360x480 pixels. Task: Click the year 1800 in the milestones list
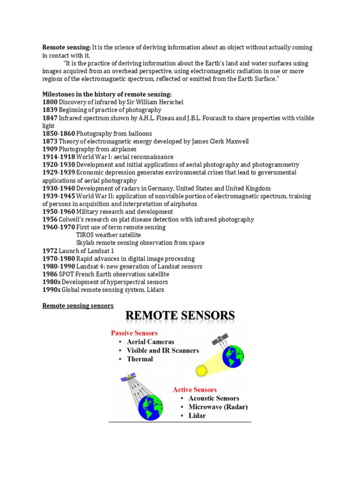pyautogui.click(x=50, y=102)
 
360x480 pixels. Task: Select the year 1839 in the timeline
pyautogui.click(x=50, y=110)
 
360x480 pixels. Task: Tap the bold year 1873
pyautogui.click(x=50, y=142)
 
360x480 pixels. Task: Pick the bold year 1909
pyautogui.click(x=50, y=149)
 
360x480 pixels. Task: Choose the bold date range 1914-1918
pyautogui.click(x=59, y=157)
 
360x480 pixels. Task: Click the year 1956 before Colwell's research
pyautogui.click(x=50, y=219)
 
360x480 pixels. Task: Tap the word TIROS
pyautogui.click(x=85, y=235)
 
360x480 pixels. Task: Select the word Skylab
pyautogui.click(x=86, y=243)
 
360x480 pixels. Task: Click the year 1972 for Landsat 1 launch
pyautogui.click(x=50, y=251)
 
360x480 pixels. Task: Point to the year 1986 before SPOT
pyautogui.click(x=50, y=274)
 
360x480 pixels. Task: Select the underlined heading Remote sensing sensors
pyautogui.click(x=78, y=306)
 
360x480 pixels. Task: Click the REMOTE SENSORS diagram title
pyautogui.click(x=180, y=316)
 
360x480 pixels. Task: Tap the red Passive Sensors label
pyautogui.click(x=134, y=333)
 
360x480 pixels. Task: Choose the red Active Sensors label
pyautogui.click(x=195, y=390)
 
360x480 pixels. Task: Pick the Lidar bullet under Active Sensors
pyautogui.click(x=197, y=416)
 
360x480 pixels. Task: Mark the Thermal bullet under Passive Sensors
pyautogui.click(x=140, y=359)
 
